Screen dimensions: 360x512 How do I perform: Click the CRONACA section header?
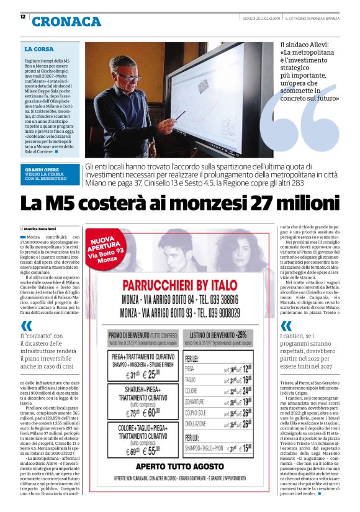pyautogui.click(x=66, y=22)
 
